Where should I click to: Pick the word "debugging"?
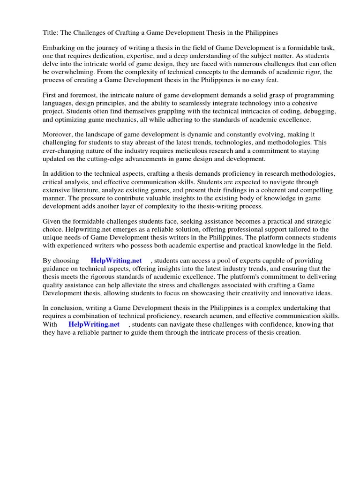317,111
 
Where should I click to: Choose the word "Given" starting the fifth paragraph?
52,221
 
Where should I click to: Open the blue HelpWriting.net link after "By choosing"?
116,261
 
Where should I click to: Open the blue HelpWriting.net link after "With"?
94,324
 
